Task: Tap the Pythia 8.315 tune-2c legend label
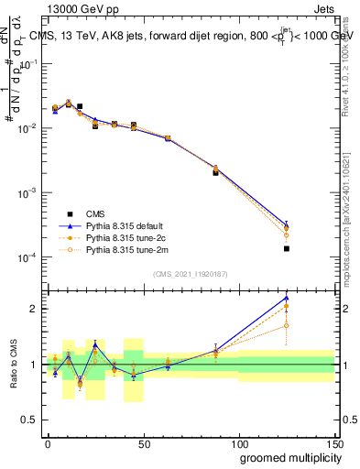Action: click(x=123, y=237)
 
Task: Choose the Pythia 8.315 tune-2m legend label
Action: click(x=123, y=249)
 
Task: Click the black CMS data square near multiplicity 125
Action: click(x=286, y=248)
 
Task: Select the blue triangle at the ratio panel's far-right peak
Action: click(x=286, y=298)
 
